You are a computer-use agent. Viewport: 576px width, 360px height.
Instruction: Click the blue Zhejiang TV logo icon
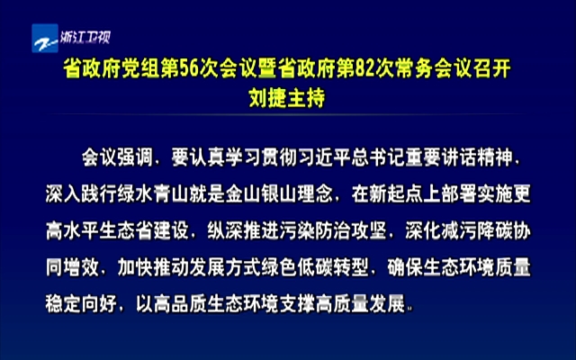click(x=45, y=38)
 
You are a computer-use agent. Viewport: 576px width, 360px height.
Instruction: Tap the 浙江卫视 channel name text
click(x=85, y=37)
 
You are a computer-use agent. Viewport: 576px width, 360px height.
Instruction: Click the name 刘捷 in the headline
click(x=268, y=98)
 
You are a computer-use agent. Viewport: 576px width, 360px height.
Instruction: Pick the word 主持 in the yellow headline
click(x=306, y=98)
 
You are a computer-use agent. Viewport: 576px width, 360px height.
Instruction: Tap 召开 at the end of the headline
click(x=492, y=68)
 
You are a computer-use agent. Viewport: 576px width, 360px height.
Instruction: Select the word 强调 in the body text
click(x=135, y=158)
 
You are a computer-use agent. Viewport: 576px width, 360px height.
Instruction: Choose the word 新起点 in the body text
click(x=396, y=194)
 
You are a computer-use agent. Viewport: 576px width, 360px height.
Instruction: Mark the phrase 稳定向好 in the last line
click(x=81, y=303)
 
